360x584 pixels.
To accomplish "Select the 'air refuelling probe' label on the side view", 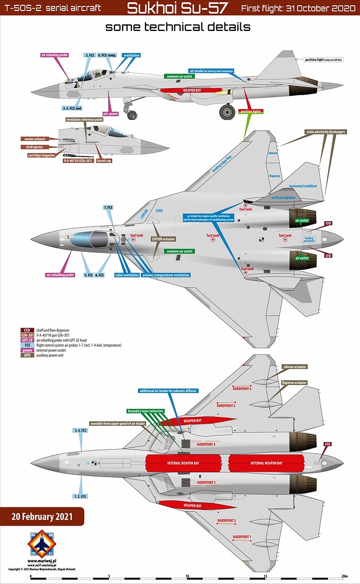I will coord(55,54).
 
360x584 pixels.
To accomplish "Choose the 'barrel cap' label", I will coord(105,161).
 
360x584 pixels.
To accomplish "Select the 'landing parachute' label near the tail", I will coord(309,239).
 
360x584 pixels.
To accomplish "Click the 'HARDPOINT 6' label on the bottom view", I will coord(241,389).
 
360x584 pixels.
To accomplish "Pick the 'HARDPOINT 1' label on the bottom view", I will coord(241,536).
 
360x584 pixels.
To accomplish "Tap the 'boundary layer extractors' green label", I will coord(146,411).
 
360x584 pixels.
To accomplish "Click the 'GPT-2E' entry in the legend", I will coord(27,340).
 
